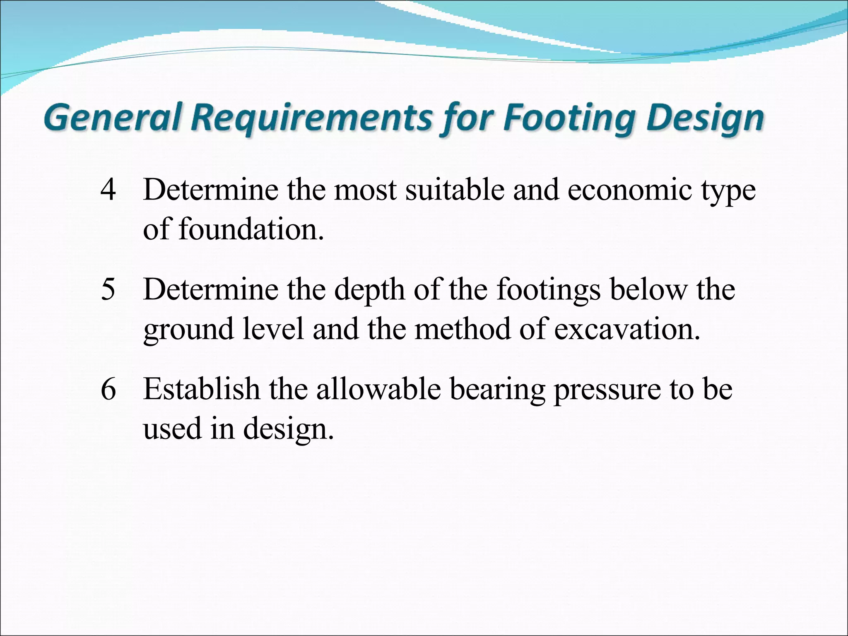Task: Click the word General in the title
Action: pyautogui.click(x=113, y=118)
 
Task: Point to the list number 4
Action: pyautogui.click(x=108, y=190)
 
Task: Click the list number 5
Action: pyautogui.click(x=108, y=289)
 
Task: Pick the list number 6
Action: pyautogui.click(x=108, y=389)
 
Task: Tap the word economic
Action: pyautogui.click(x=629, y=190)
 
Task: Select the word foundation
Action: pyautogui.click(x=251, y=229)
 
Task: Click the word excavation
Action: pyautogui.click(x=627, y=329)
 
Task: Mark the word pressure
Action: pyautogui.click(x=607, y=390)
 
